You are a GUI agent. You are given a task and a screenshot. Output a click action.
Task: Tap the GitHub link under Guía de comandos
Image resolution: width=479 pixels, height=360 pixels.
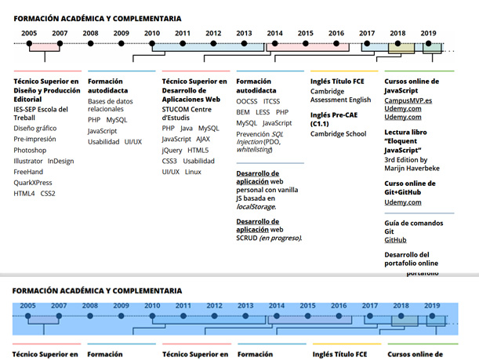click(x=395, y=239)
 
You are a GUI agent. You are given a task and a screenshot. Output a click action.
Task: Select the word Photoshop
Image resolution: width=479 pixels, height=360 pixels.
click(x=30, y=150)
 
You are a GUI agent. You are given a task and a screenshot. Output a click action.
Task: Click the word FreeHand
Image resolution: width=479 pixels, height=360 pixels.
click(x=28, y=171)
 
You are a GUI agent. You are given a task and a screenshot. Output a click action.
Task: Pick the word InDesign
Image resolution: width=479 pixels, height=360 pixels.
click(x=60, y=161)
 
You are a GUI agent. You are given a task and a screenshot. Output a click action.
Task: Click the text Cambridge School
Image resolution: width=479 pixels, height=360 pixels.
click(x=338, y=134)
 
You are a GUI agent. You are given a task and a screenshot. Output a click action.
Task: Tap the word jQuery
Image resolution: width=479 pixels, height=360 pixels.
click(x=172, y=150)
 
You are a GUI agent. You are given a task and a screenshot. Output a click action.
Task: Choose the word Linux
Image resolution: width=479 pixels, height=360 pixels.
click(x=193, y=172)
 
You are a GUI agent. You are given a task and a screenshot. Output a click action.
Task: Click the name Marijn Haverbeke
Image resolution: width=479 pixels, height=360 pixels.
click(x=413, y=168)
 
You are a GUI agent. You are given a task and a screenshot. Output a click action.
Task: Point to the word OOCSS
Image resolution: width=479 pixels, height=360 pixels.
click(x=247, y=102)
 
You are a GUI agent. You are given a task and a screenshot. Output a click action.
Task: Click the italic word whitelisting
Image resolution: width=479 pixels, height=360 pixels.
click(x=253, y=149)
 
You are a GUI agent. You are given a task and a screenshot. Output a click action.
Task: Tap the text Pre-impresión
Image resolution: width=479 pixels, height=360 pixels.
click(x=34, y=139)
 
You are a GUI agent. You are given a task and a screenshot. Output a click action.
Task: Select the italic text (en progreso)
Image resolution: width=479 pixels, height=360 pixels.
click(x=280, y=238)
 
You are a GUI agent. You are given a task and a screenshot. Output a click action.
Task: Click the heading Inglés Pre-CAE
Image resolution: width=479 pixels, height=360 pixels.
click(x=339, y=115)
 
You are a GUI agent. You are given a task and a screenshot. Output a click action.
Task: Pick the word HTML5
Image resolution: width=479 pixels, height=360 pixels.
click(x=198, y=150)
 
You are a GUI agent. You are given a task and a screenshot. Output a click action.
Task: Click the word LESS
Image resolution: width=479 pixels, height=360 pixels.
click(x=263, y=112)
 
